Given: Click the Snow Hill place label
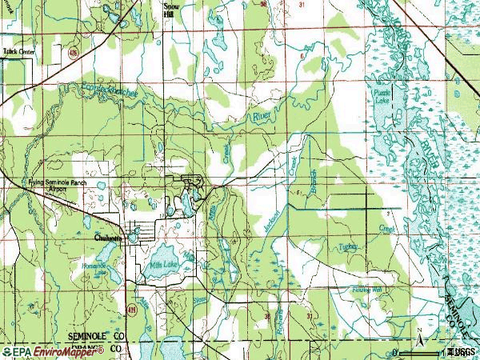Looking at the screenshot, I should (x=169, y=9).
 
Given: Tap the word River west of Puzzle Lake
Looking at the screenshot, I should (x=262, y=118).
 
